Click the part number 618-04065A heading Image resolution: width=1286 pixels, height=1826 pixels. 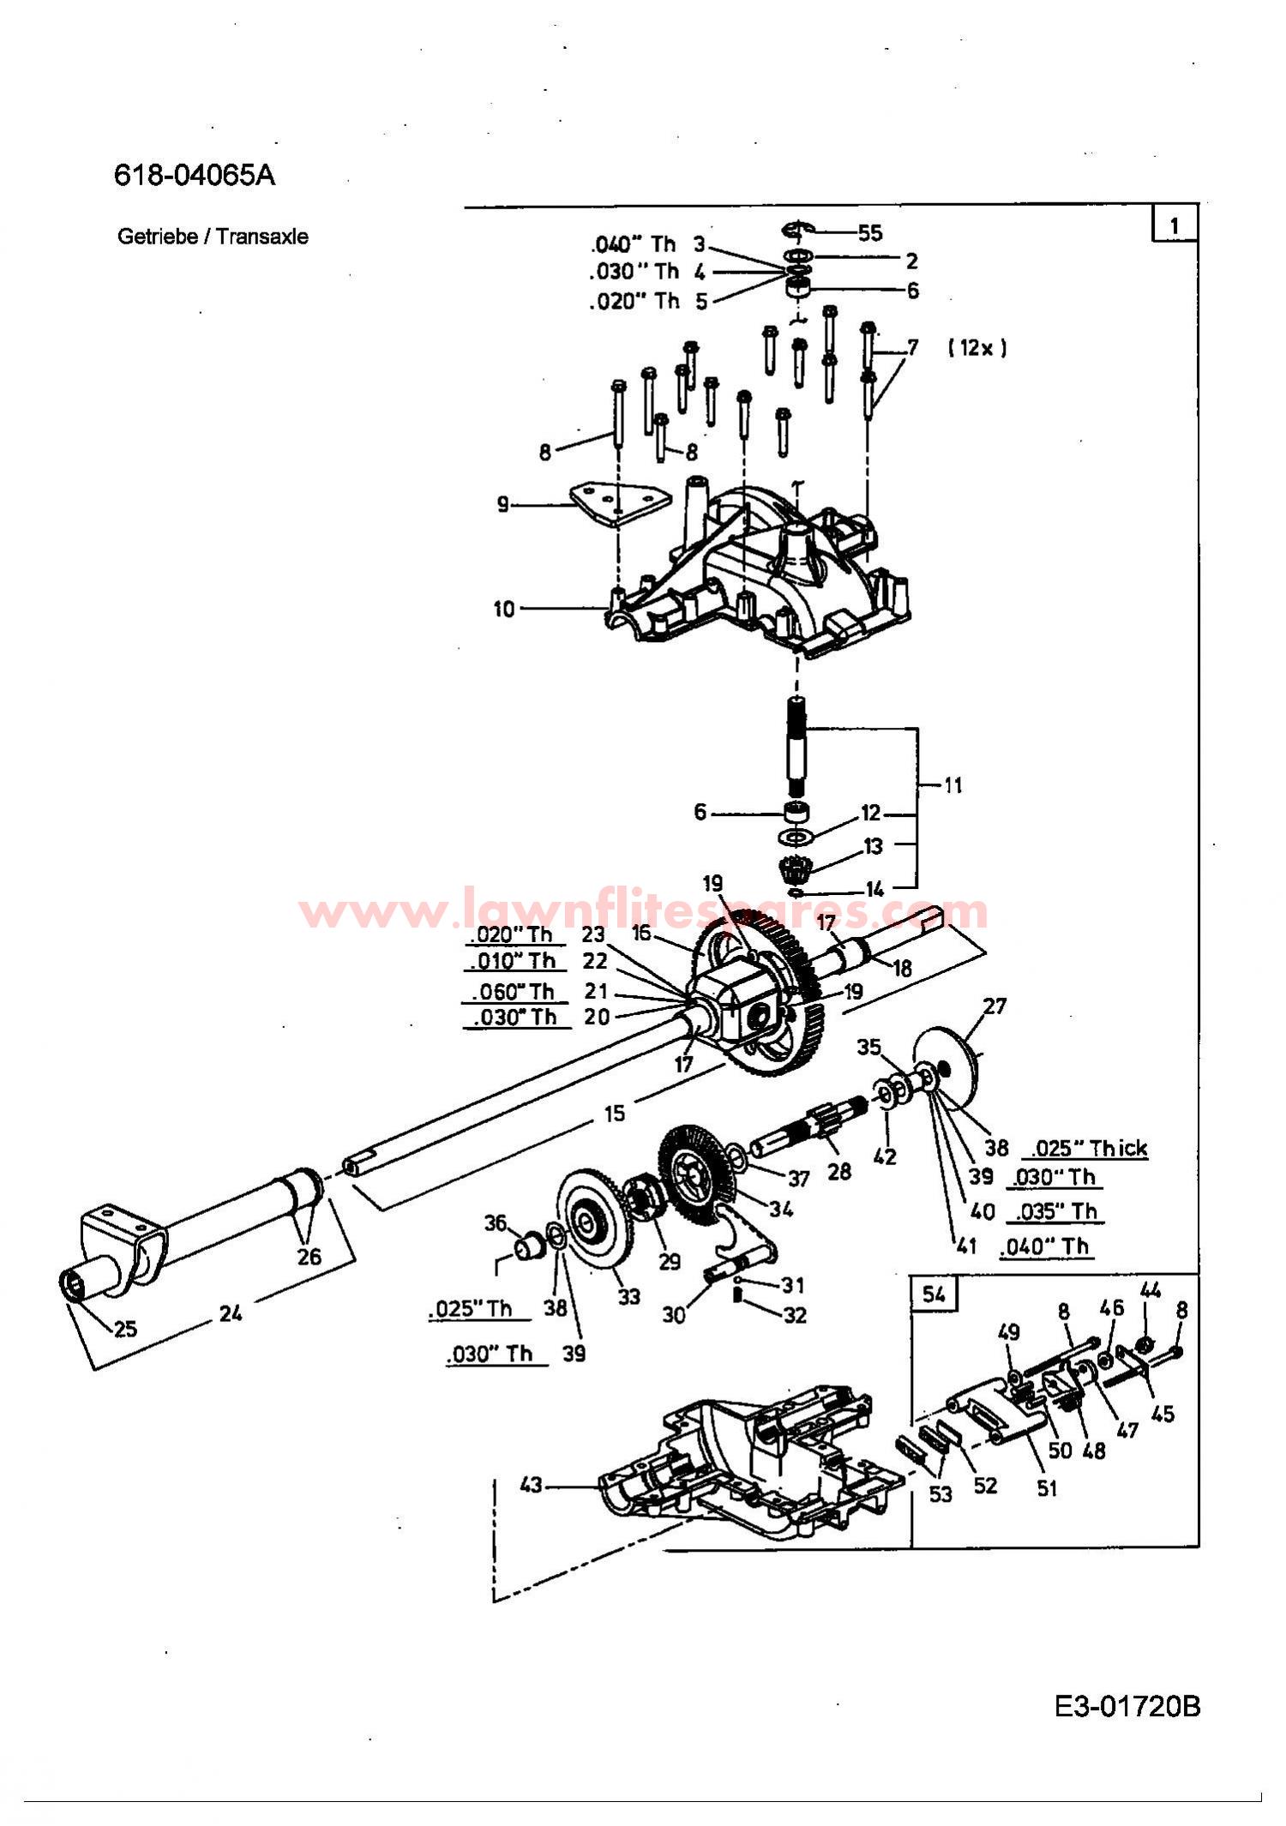[x=195, y=175]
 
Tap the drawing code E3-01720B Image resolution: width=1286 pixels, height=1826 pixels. [x=1127, y=1706]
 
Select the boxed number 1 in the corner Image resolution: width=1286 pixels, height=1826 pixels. [x=1174, y=225]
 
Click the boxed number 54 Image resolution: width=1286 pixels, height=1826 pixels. [x=934, y=1294]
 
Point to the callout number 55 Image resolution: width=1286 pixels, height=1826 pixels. [x=869, y=233]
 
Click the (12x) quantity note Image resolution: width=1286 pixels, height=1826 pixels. [x=977, y=347]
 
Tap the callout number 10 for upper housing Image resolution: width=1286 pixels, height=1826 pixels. [x=503, y=609]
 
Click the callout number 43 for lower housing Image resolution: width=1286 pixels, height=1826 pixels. [x=531, y=1484]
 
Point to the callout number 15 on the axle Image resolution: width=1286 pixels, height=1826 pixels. [x=614, y=1114]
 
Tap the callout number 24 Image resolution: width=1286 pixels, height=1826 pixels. [x=230, y=1312]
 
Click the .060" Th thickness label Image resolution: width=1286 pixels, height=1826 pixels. [x=513, y=992]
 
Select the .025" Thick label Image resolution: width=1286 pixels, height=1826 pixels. [x=1088, y=1148]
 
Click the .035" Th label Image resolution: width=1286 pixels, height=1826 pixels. [x=1056, y=1211]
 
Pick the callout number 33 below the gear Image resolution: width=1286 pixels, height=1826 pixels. [x=628, y=1296]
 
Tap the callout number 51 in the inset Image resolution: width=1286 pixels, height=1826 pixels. [x=1046, y=1487]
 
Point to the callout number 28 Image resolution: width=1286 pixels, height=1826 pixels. [x=838, y=1170]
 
